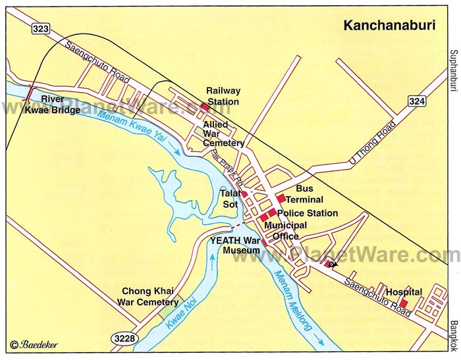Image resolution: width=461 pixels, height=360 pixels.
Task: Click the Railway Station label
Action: coord(223,96)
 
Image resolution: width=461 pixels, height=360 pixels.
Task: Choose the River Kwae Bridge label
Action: coord(53,105)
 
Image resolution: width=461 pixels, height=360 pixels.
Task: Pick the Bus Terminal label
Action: coord(305,194)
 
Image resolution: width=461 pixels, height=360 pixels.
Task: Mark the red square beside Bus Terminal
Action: coord(281,198)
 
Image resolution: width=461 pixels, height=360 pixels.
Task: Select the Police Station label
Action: coord(308,213)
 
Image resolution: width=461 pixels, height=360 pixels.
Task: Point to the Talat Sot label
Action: coord(230,199)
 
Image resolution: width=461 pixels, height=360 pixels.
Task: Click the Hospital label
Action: coord(404,292)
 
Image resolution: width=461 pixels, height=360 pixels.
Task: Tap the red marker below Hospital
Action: coord(404,303)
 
